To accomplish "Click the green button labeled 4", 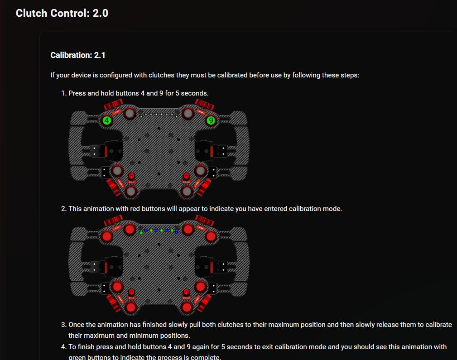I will [x=107, y=120].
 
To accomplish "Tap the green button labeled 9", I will [x=211, y=120].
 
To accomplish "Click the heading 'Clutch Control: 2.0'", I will [x=62, y=13].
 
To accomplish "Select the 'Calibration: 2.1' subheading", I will [x=78, y=55].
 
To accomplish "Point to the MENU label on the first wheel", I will [x=186, y=182].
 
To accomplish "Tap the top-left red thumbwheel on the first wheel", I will [x=111, y=106].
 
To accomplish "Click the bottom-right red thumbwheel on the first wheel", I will [x=205, y=188].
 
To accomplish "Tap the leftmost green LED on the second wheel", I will [x=141, y=232].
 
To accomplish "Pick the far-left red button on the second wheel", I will [x=107, y=236].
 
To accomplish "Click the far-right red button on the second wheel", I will [x=211, y=236].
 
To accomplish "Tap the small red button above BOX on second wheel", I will [x=132, y=292].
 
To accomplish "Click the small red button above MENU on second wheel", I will [x=186, y=292].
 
